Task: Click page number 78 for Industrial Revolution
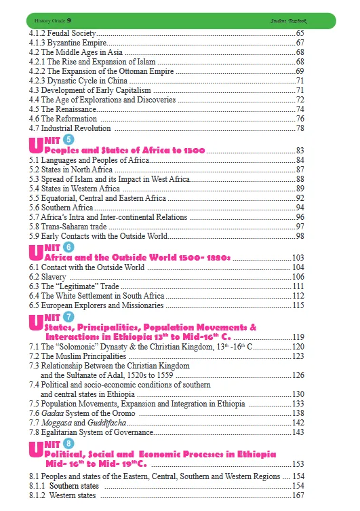tap(300, 128)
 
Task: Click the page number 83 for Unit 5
tap(300, 150)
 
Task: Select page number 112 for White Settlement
tap(298, 296)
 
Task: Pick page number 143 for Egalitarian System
tap(298, 432)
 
